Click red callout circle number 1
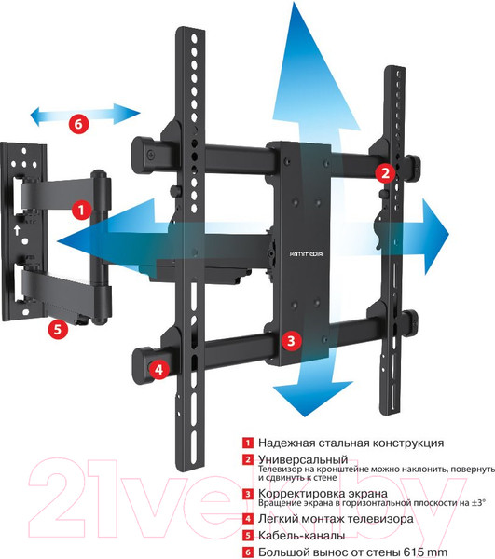(x=82, y=210)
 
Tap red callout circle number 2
(x=385, y=173)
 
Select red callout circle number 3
(x=292, y=340)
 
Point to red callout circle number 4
(x=158, y=369)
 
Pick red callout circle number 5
(x=58, y=329)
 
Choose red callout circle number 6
(x=78, y=124)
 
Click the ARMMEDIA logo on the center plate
(x=306, y=253)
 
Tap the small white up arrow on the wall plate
(x=17, y=230)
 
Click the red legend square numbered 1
(x=248, y=443)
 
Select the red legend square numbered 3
(x=248, y=494)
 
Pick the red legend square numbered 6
(x=248, y=552)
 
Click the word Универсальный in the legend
(x=303, y=459)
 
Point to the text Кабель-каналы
(x=301, y=535)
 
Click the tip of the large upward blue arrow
(x=295, y=3)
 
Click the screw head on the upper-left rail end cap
(x=151, y=156)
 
